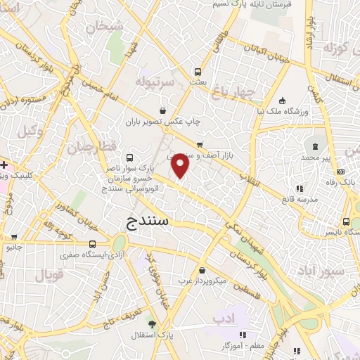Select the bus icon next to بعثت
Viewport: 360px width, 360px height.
198,72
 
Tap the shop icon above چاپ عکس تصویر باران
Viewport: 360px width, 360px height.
163,110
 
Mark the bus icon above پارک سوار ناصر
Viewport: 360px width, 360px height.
128,157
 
